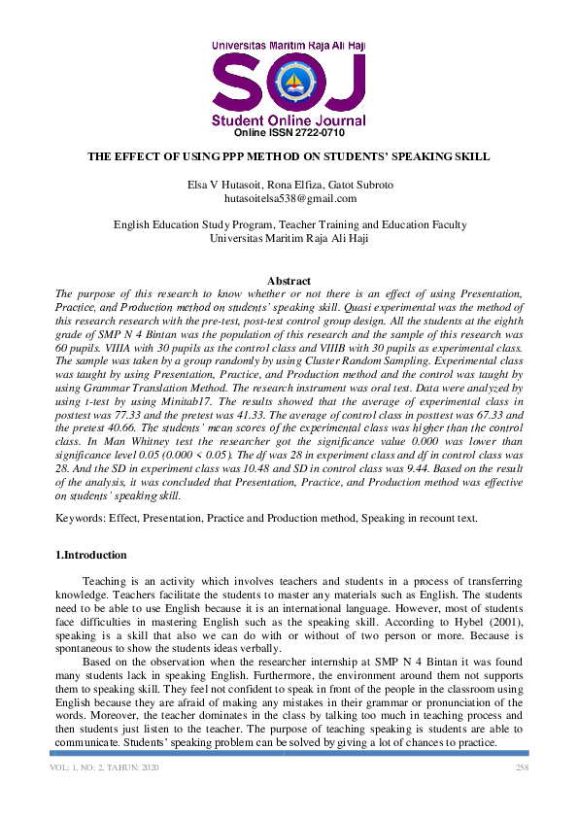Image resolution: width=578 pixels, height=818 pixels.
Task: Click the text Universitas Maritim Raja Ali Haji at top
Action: pyautogui.click(x=289, y=45)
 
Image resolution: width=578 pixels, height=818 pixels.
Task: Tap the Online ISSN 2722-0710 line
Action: pyautogui.click(x=289, y=132)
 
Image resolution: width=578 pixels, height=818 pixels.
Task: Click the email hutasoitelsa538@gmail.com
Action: pyautogui.click(x=289, y=198)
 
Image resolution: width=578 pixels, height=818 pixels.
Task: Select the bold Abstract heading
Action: pyautogui.click(x=289, y=281)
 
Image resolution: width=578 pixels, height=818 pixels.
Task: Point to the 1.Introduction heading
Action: pyautogui.click(x=90, y=556)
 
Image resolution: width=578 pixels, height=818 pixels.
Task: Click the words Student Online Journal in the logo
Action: pyautogui.click(x=289, y=120)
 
